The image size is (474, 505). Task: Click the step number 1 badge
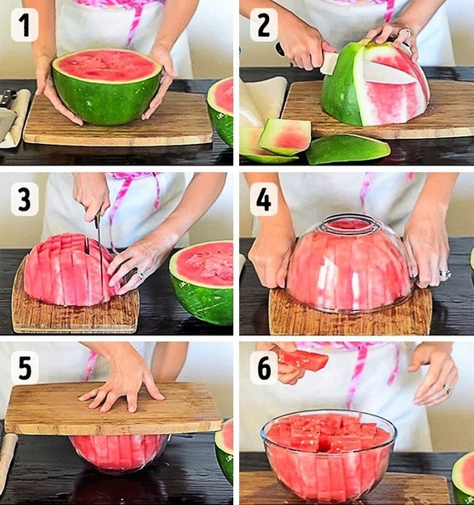coord(25,25)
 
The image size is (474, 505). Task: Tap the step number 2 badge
coord(263,25)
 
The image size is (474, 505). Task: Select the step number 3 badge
coord(25,199)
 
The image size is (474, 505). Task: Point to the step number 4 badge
coord(263,199)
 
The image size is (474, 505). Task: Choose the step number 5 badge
coord(25,368)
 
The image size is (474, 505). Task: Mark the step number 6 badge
coord(263,368)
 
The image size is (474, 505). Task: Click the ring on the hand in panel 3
coord(140,275)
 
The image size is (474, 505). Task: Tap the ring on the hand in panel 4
coord(446,274)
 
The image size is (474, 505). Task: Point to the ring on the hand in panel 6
coord(447,389)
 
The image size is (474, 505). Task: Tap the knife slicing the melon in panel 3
coord(98,245)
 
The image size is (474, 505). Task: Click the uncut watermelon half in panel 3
coord(202,283)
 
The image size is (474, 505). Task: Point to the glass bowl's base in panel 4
coord(349,222)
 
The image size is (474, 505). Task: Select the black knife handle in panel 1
coord(8,98)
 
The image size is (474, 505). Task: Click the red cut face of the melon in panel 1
coord(107,66)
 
